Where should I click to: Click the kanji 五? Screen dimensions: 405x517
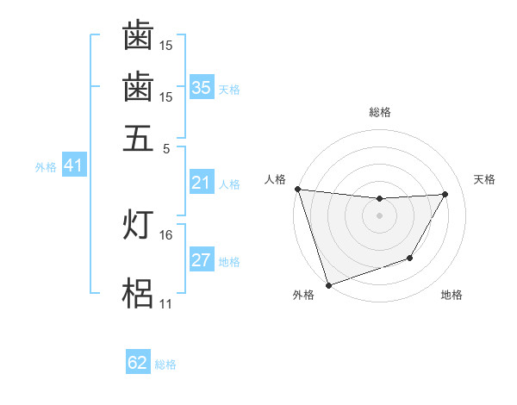pyautogui.click(x=138, y=138)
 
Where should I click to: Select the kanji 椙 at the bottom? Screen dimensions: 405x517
pyautogui.click(x=138, y=294)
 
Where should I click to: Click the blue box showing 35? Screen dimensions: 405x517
pyautogui.click(x=201, y=88)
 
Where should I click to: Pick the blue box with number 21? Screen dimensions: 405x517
pyautogui.click(x=201, y=183)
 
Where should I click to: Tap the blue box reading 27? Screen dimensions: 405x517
pyautogui.click(x=201, y=261)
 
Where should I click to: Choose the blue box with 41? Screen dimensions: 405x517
pyautogui.click(x=73, y=166)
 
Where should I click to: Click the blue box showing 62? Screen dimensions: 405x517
pyautogui.click(x=138, y=364)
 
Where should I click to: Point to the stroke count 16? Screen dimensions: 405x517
pyautogui.click(x=166, y=234)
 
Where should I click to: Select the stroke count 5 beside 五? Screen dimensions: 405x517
pyautogui.click(x=167, y=147)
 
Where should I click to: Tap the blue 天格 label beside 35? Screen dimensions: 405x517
pyautogui.click(x=229, y=90)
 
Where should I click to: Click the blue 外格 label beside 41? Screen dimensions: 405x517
pyautogui.click(x=45, y=167)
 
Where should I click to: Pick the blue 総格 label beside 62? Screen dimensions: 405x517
pyautogui.click(x=165, y=364)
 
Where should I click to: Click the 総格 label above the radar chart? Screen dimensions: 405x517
pyautogui.click(x=380, y=112)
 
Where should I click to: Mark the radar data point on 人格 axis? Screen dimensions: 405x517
pyautogui.click(x=297, y=189)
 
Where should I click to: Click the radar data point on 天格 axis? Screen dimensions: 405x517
pyautogui.click(x=445, y=195)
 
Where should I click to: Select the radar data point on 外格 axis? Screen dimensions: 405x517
pyautogui.click(x=328, y=284)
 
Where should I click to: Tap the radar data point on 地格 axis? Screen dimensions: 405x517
pyautogui.click(x=410, y=258)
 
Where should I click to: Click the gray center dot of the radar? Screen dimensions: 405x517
pyautogui.click(x=380, y=215)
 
